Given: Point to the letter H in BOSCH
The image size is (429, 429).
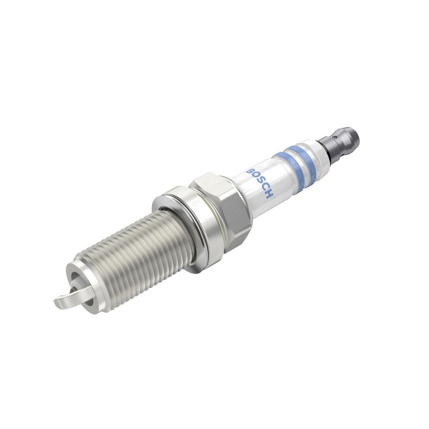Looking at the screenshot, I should point(269,194).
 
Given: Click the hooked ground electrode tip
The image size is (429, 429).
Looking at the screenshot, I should point(60,302).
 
